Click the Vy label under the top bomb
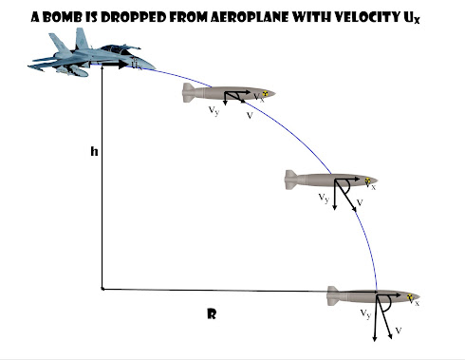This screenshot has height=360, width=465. click(213, 110)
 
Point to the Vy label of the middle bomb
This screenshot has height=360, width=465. click(325, 198)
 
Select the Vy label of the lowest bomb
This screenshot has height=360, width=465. click(365, 314)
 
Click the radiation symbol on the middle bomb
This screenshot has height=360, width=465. click(368, 180)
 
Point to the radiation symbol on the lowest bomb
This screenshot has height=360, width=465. click(409, 296)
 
